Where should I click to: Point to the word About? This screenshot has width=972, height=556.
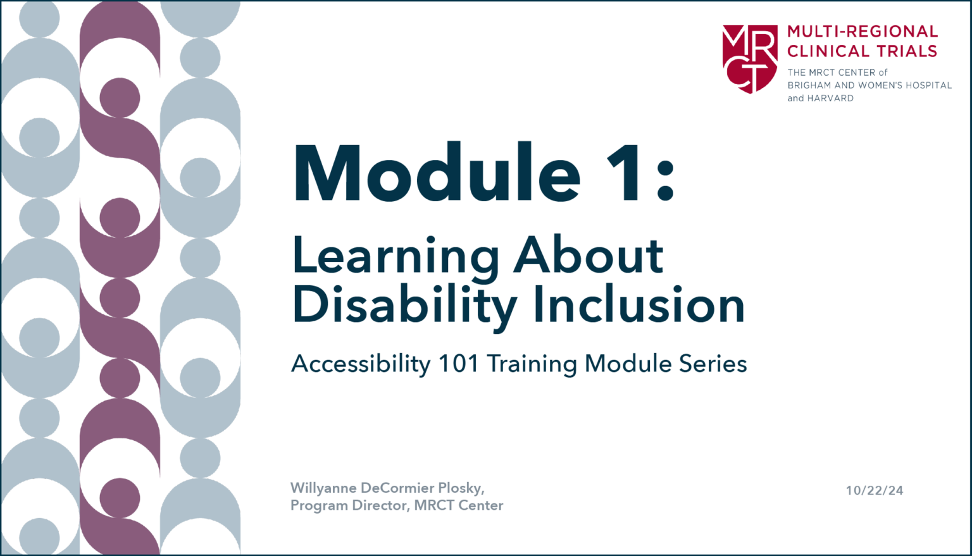(589, 256)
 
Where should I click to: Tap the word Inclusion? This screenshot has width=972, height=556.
(639, 305)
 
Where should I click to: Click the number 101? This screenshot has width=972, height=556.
(459, 364)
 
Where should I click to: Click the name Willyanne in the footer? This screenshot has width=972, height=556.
(323, 488)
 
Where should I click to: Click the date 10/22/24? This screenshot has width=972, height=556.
(875, 490)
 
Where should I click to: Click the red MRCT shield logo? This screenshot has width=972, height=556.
(750, 58)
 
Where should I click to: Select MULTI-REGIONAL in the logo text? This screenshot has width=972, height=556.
(863, 32)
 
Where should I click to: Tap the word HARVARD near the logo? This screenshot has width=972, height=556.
(830, 98)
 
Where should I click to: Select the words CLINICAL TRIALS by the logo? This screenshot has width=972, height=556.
(862, 51)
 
